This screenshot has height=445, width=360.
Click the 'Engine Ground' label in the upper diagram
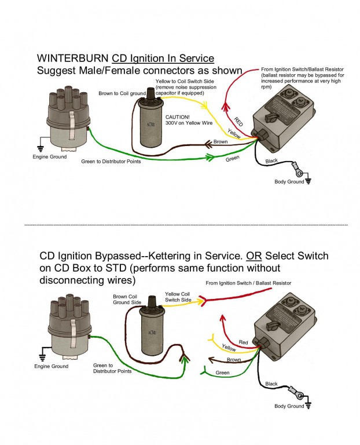[49, 157]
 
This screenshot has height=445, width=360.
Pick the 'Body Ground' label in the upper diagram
[288, 181]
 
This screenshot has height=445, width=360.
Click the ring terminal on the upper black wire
[299, 172]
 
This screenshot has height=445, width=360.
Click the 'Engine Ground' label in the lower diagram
[50, 366]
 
